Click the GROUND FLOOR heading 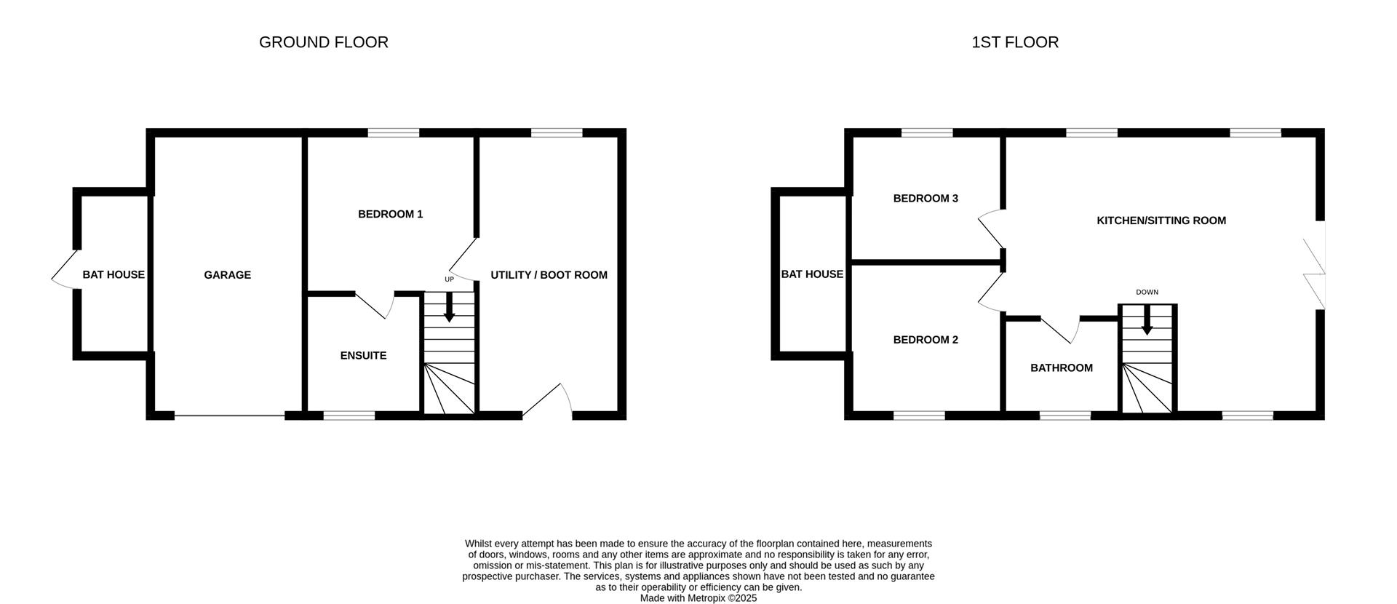tap(324, 42)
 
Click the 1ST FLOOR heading tap(1015, 42)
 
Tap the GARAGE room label tap(228, 275)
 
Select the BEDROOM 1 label tap(390, 214)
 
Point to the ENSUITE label tap(363, 356)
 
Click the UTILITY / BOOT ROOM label tap(549, 275)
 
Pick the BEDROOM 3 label tap(926, 199)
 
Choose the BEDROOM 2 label tap(926, 340)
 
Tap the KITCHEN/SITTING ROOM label tap(1161, 220)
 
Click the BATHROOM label tap(1062, 368)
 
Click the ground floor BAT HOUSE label tap(114, 275)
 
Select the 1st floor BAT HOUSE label tap(812, 274)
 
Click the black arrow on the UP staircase tap(449, 307)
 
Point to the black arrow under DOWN tap(1147, 320)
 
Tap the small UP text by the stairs tap(449, 279)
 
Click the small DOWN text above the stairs tap(1147, 293)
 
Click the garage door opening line tap(229, 416)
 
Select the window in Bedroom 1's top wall tap(394, 132)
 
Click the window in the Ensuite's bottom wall tap(349, 416)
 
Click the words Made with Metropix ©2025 tap(698, 598)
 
